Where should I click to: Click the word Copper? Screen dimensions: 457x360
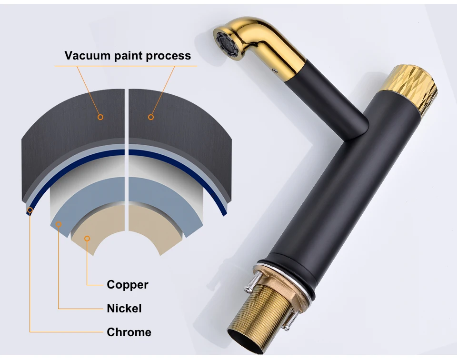click(128, 285)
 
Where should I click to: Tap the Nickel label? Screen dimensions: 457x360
click(124, 309)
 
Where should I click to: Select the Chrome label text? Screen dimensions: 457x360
click(129, 332)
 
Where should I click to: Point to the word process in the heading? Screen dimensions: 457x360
click(168, 56)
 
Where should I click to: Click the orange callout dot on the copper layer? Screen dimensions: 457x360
click(87, 239)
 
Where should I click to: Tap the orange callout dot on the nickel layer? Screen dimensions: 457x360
click(59, 224)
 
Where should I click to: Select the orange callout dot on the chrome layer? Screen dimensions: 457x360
click(30, 210)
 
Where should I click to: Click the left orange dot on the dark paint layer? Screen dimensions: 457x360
click(100, 117)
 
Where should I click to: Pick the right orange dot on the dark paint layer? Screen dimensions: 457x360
click(151, 117)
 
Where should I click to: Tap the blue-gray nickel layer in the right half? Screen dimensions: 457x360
click(157, 200)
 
